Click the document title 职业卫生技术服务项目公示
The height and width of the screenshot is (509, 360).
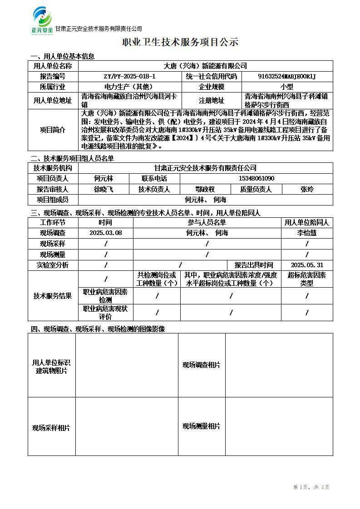tap(180, 43)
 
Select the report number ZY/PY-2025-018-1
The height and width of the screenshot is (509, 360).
tap(129, 77)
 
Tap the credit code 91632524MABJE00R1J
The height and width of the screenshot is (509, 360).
tap(286, 77)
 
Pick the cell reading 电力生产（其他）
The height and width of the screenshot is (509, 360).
tap(129, 87)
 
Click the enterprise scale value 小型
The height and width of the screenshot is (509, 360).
tap(286, 87)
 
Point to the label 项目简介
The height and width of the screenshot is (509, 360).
tap(53, 130)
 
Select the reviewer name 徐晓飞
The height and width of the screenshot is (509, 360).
tap(104, 189)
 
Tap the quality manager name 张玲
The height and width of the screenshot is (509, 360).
tap(307, 189)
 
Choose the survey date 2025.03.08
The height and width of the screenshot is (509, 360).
tap(106, 233)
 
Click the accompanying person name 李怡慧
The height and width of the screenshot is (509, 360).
tap(307, 233)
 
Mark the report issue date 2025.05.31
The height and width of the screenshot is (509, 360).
tap(307, 265)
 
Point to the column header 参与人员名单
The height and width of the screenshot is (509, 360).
tap(207, 222)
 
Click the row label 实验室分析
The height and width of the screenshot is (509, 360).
tap(53, 265)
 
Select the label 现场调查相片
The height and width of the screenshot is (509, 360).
tap(202, 365)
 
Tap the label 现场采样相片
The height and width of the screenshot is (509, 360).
tap(51, 427)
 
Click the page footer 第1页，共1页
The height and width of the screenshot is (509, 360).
tap(311, 487)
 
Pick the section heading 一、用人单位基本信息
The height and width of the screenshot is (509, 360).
tap(63, 57)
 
